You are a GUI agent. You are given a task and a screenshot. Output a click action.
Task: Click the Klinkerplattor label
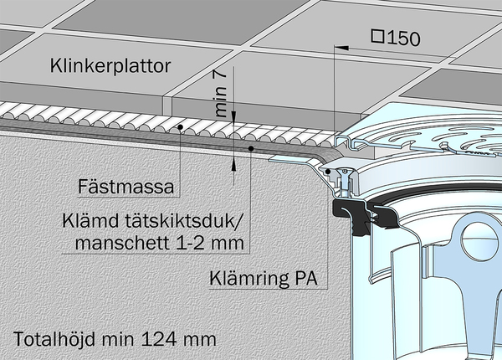[x=110, y=66]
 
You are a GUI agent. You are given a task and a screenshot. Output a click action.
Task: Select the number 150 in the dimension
[x=403, y=39]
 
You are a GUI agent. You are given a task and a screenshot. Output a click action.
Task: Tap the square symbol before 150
[x=378, y=36]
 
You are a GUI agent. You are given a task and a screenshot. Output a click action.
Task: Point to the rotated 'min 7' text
[x=220, y=94]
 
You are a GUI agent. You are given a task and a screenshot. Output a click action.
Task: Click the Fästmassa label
[x=126, y=187]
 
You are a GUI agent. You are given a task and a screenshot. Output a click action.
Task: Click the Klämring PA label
[x=264, y=278]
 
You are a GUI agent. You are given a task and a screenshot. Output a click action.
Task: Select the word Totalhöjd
[x=54, y=339]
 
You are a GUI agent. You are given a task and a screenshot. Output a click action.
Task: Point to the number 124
[x=158, y=340]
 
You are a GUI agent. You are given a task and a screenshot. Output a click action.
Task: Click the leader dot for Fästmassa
[x=180, y=127]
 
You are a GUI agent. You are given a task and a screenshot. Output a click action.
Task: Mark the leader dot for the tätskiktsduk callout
[x=251, y=148]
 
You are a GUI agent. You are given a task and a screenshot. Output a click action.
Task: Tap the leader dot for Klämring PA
[x=328, y=172]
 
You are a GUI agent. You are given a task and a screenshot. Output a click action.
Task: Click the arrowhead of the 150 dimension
[x=341, y=48]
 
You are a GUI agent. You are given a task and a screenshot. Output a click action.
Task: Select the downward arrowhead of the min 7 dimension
[x=233, y=116]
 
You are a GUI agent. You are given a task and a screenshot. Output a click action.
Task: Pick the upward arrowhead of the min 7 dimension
[x=233, y=164]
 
